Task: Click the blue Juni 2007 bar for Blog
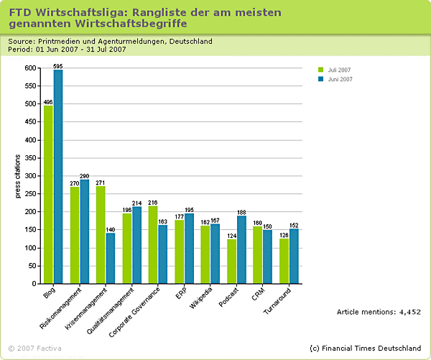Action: click(x=58, y=176)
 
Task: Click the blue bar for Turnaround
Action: click(x=294, y=256)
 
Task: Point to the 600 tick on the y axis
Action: click(x=29, y=68)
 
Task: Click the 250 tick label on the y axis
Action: click(x=29, y=194)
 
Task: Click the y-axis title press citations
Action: click(x=18, y=176)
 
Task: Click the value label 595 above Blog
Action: click(x=58, y=65)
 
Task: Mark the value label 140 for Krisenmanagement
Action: click(x=111, y=229)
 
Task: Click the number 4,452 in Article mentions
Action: click(x=409, y=312)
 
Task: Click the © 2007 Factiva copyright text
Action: click(x=34, y=349)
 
